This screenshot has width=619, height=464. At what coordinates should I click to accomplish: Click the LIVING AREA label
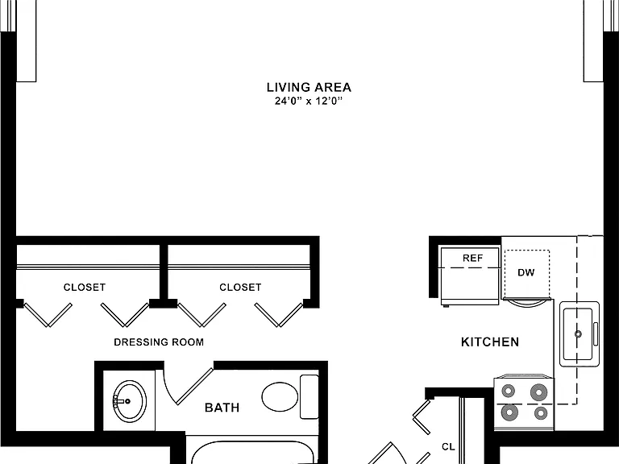pos(309,87)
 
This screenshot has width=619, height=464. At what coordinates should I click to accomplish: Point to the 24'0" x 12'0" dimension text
pos(309,101)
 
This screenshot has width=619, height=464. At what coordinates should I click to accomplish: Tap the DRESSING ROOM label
pos(159,342)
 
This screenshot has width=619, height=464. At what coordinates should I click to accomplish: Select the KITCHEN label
pos(490,342)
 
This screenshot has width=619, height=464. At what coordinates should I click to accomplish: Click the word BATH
pos(222,407)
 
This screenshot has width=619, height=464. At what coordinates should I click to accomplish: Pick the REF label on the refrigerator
pos(472,258)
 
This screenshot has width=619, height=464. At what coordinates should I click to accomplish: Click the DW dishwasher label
pos(526,272)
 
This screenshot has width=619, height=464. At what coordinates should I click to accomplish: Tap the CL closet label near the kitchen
pos(448,446)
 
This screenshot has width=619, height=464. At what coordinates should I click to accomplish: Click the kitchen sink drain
pos(578,334)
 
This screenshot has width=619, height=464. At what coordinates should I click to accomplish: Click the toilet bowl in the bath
pos(280,397)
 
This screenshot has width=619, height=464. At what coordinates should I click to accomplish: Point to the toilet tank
pos(309,396)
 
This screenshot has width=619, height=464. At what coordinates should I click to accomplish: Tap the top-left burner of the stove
pos(508,391)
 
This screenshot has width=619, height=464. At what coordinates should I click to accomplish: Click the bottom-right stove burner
pos(541,413)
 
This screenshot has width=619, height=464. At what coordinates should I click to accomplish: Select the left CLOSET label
pos(85,288)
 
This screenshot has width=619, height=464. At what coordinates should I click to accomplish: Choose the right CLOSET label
pos(240,288)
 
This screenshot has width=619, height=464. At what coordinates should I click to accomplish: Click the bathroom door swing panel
pos(194,387)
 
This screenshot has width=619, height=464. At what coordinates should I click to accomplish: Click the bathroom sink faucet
pos(123,401)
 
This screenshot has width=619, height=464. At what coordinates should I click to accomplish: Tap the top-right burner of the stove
pos(539,392)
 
